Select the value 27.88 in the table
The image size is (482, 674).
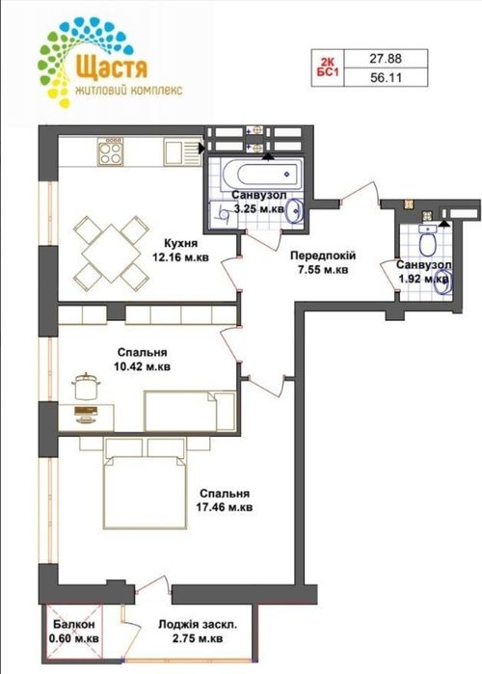386,58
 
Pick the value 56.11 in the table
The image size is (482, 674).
386,77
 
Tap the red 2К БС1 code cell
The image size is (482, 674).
328,67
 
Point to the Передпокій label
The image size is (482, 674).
323,256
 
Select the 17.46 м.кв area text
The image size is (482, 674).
225,507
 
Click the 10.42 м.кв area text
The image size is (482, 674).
143,367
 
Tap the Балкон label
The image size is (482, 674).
74,624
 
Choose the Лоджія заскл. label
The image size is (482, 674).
198,625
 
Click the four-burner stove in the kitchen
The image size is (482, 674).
110,151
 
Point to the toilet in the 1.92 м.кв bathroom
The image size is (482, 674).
427,242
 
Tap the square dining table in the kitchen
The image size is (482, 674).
111,253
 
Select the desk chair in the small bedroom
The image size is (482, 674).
87,386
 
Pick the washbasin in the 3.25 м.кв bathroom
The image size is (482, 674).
295,211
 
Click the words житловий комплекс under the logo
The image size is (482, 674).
129,90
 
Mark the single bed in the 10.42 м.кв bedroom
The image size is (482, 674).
190,411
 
